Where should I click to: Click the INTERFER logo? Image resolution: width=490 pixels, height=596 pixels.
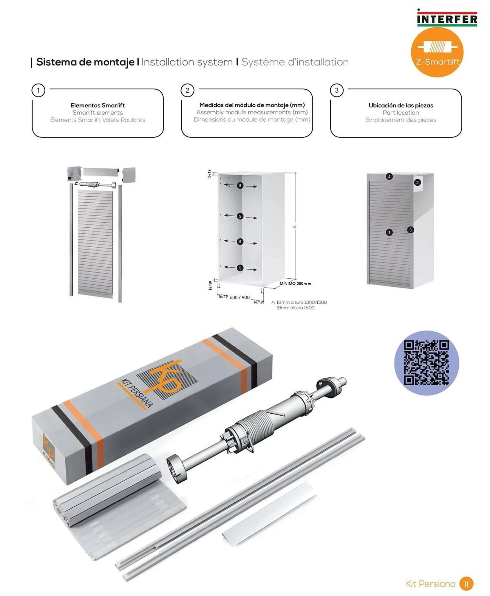[447, 18]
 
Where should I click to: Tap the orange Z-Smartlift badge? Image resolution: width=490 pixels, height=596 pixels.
[437, 52]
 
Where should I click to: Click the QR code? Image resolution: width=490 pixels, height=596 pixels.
[426, 363]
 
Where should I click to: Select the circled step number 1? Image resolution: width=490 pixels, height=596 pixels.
[38, 90]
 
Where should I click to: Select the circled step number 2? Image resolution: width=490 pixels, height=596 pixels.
[187, 90]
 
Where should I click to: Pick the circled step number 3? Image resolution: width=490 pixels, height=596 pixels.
[337, 90]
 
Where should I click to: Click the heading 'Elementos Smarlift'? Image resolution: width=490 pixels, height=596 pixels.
[98, 105]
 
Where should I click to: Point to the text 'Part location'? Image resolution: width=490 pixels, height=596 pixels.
[401, 113]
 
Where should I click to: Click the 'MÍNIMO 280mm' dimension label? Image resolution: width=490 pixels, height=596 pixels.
[295, 284]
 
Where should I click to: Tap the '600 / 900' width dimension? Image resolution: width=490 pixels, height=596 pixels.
[239, 297]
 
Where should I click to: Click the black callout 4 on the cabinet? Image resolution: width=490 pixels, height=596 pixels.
[389, 177]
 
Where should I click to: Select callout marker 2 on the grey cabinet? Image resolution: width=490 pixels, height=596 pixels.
[418, 182]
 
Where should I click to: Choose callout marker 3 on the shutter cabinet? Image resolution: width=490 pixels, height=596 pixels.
[410, 230]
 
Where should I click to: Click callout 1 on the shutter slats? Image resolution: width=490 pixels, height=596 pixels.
[389, 232]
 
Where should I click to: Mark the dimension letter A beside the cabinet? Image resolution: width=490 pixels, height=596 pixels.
[295, 227]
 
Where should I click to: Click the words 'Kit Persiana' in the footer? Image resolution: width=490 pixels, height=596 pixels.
[431, 584]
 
